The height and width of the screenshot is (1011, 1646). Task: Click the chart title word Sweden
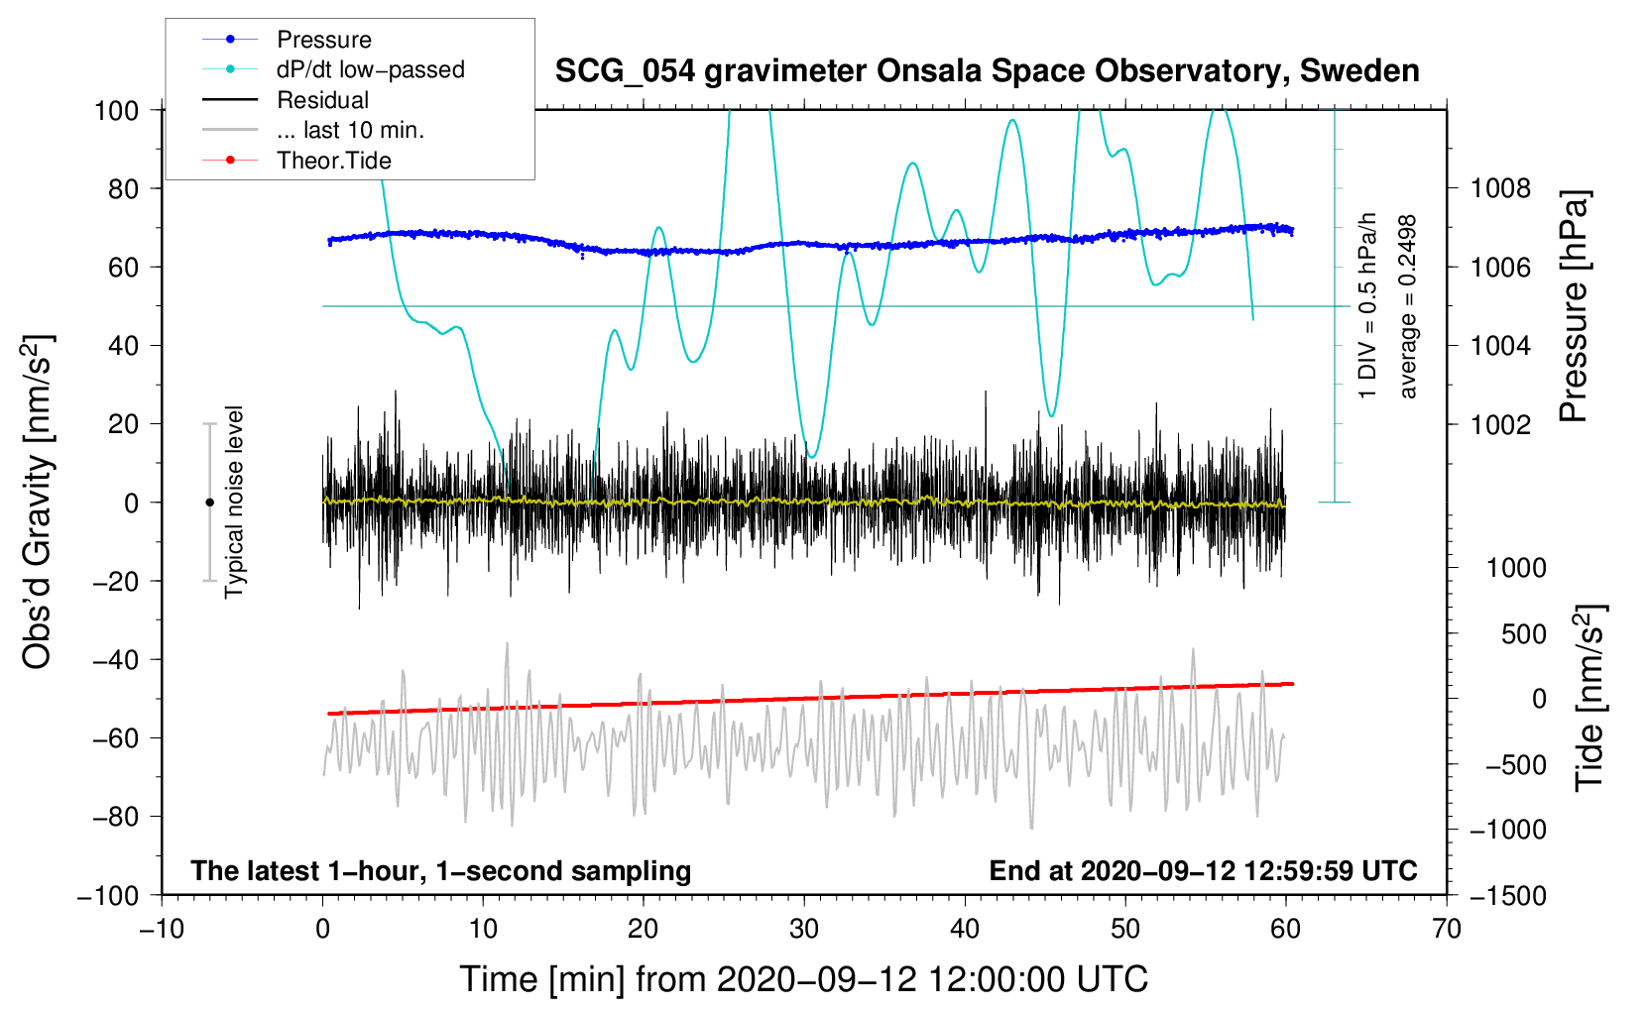coord(1360,71)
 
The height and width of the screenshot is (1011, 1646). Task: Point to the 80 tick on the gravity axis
coord(123,189)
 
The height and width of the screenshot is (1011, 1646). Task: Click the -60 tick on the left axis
coord(115,737)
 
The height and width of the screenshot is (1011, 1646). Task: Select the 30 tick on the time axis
coord(804,930)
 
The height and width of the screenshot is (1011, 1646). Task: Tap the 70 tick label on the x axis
coord(1446,930)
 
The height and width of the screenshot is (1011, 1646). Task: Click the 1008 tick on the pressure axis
coord(1500,189)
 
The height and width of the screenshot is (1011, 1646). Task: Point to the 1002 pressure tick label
coord(1500,424)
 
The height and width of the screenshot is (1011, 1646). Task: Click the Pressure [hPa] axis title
coord(1574,306)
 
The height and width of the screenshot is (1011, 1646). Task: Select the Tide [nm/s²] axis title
coord(1590,698)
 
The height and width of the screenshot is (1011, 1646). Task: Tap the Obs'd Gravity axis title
coord(38,502)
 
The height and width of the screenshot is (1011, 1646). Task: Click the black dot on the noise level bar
coord(209,503)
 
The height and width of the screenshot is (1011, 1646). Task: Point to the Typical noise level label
coord(234,502)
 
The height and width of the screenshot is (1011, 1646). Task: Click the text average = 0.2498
coord(1406,307)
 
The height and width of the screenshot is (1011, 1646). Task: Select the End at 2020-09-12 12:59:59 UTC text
coord(1203,870)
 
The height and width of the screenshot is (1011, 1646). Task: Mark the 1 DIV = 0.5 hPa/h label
coord(1366,306)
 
